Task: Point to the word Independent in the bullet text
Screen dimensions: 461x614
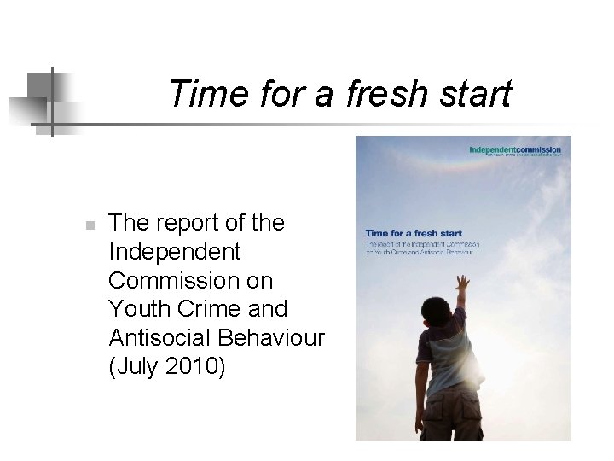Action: (175, 252)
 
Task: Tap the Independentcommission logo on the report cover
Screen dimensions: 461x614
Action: (515, 152)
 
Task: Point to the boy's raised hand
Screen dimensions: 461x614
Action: (462, 283)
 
